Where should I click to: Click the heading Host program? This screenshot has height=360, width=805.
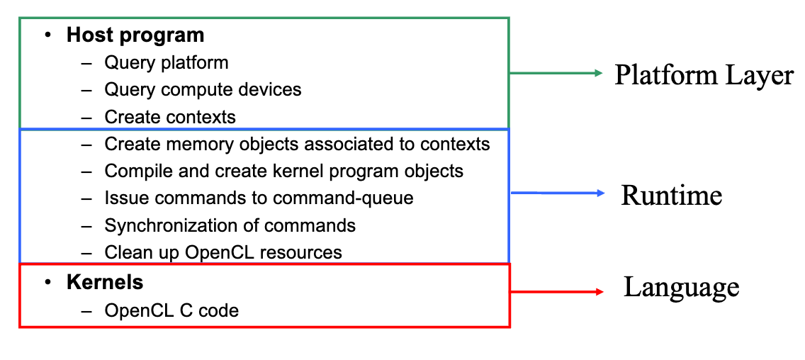pyautogui.click(x=135, y=35)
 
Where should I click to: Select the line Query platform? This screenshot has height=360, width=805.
pyautogui.click(x=167, y=62)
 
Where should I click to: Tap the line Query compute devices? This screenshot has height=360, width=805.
pyautogui.click(x=203, y=90)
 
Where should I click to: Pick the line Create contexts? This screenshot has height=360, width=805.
pyautogui.click(x=170, y=117)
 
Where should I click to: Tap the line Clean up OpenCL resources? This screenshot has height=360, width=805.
pyautogui.click(x=223, y=252)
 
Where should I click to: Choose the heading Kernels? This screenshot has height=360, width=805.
pyautogui.click(x=105, y=282)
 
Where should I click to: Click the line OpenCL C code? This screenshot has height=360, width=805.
pyautogui.click(x=171, y=310)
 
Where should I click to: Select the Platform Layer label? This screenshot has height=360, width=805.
pyautogui.click(x=704, y=75)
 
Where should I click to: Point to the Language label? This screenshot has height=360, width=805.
pyautogui.click(x=681, y=287)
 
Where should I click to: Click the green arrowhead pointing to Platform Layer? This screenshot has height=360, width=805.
pyautogui.click(x=598, y=73)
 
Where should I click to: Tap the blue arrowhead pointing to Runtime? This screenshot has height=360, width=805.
pyautogui.click(x=599, y=193)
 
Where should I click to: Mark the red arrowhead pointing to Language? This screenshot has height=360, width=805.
pyautogui.click(x=599, y=291)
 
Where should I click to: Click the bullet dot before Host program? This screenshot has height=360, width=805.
pyautogui.click(x=47, y=35)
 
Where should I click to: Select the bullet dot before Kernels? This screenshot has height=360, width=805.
pyautogui.click(x=47, y=282)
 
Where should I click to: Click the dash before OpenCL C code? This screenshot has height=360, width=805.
pyautogui.click(x=87, y=310)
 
